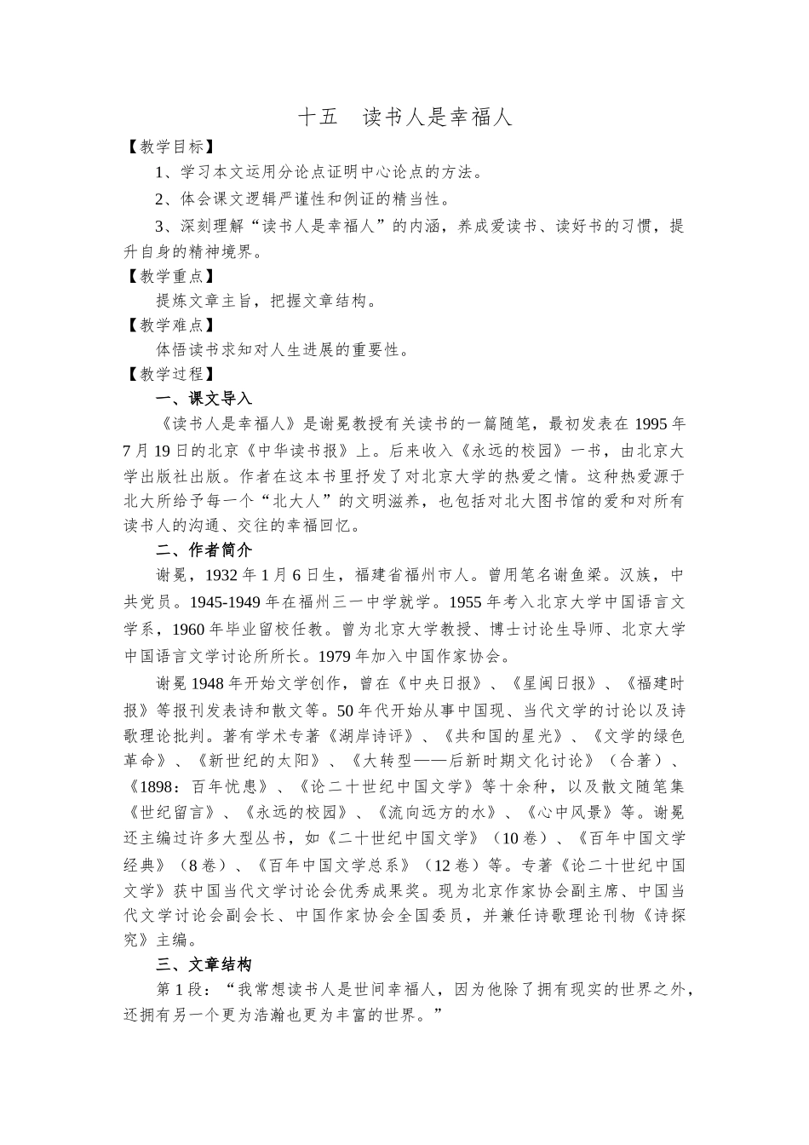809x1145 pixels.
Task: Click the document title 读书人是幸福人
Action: (x=437, y=117)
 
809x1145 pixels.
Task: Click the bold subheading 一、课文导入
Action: (x=204, y=398)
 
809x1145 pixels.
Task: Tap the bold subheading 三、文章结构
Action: (x=204, y=964)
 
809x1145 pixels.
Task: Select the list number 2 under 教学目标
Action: (x=159, y=199)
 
